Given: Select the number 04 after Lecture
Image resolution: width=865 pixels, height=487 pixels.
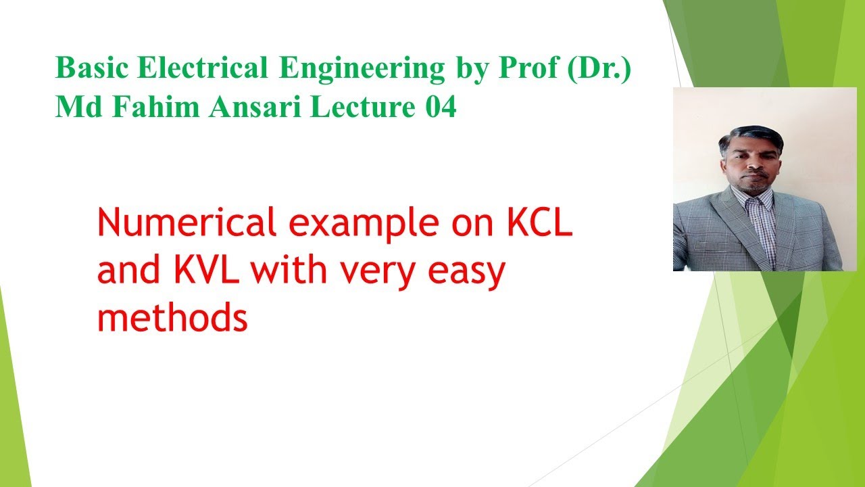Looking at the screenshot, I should pos(441,108).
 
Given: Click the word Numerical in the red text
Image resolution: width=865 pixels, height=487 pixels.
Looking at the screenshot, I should pos(187,223).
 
